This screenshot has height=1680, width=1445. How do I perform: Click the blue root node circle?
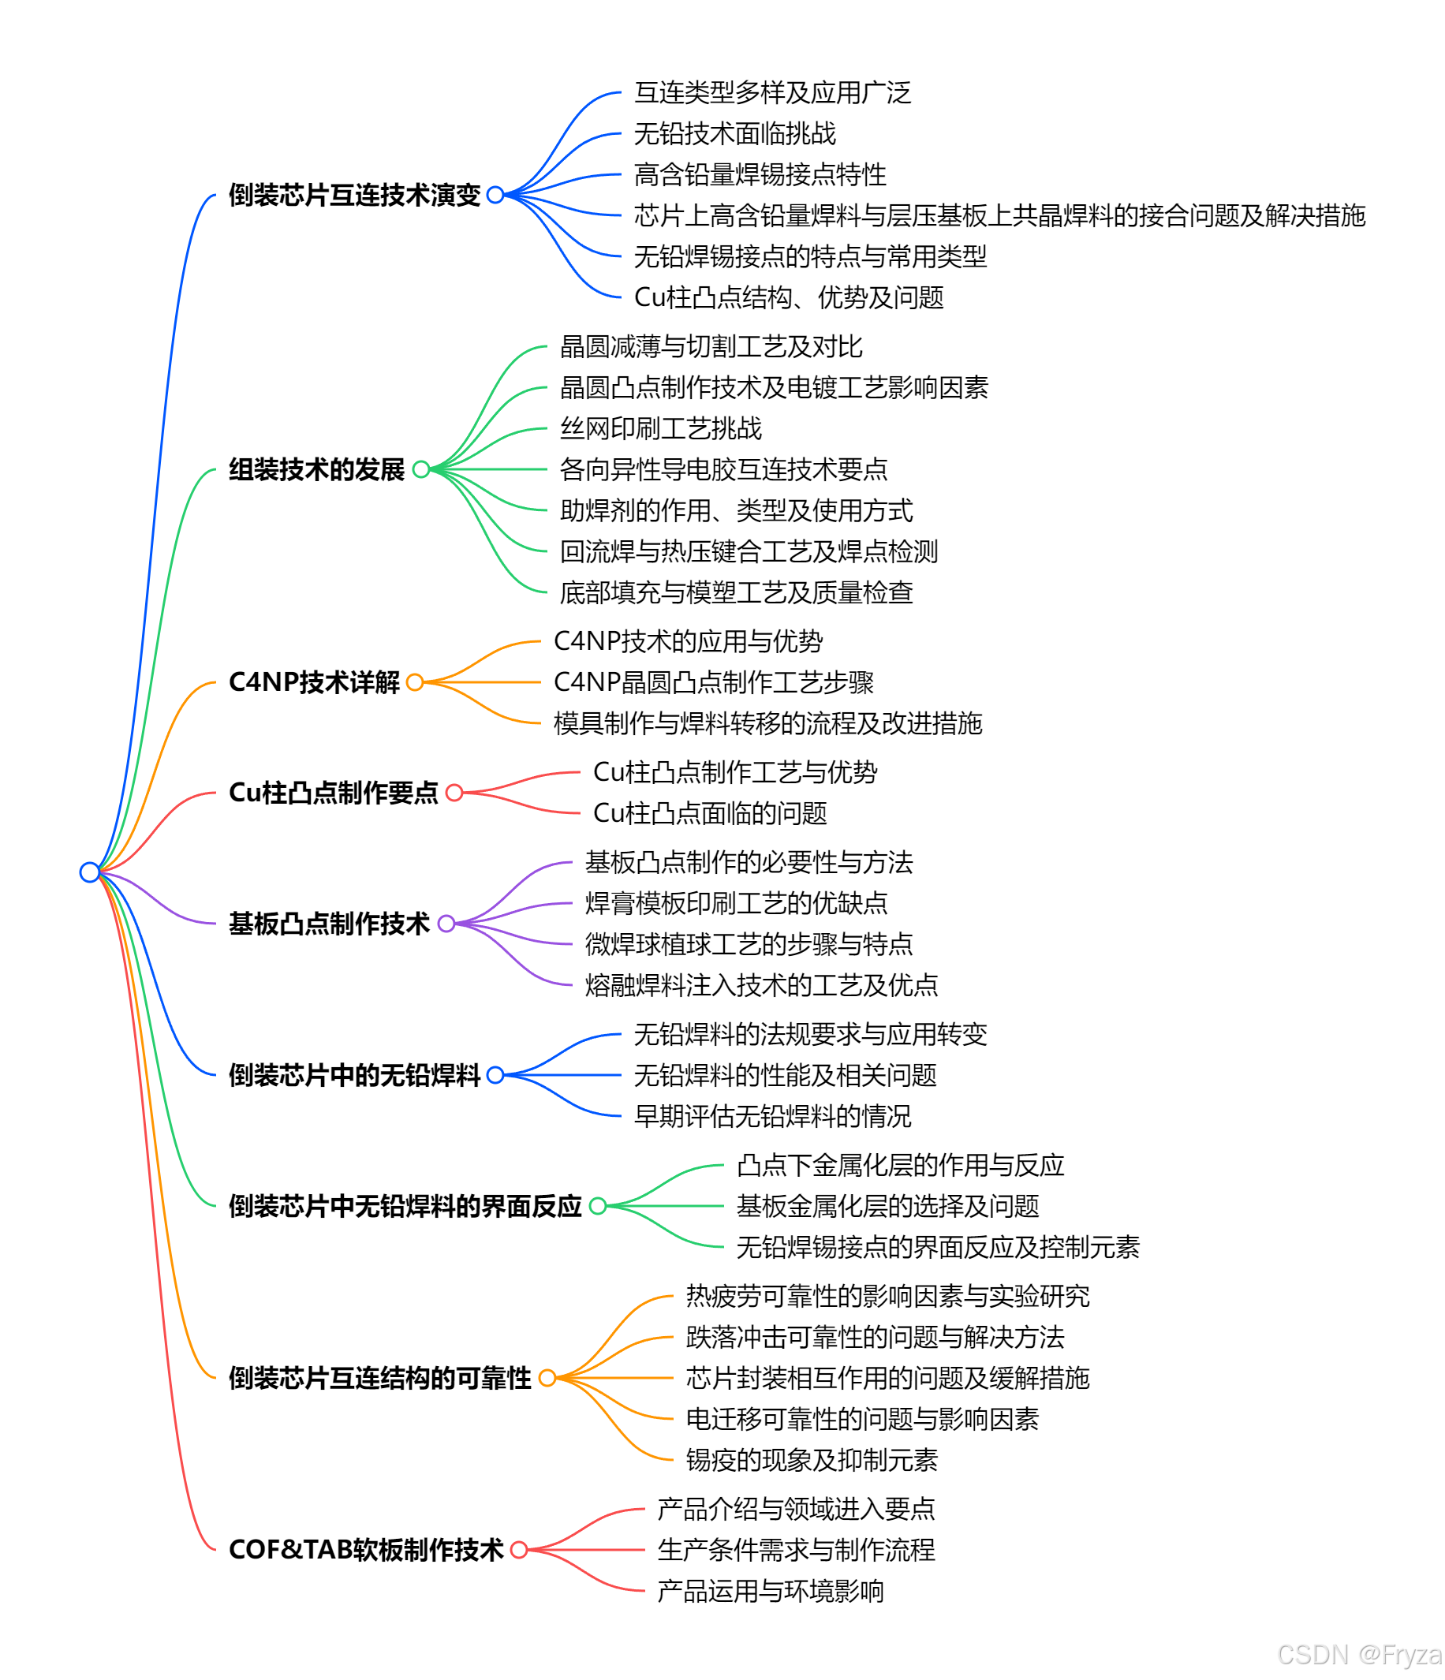point(89,872)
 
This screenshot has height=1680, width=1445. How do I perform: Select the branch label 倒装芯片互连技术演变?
point(354,195)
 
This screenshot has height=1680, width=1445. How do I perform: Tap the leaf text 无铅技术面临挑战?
point(734,134)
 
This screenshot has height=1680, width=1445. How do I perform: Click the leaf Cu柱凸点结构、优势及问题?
point(788,297)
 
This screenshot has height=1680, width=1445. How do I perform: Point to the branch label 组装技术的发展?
point(316,469)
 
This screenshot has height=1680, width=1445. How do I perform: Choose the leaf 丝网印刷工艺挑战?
point(661,428)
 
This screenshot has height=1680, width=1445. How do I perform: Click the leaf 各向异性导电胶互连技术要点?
point(723,469)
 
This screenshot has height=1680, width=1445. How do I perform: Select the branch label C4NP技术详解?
point(314,682)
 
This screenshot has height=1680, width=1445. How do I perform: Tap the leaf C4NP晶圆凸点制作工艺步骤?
point(714,682)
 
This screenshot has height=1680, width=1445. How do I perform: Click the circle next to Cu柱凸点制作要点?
point(454,792)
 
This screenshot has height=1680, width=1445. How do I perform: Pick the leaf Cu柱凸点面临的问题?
point(710,812)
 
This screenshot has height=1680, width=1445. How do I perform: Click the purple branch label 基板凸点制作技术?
point(328,924)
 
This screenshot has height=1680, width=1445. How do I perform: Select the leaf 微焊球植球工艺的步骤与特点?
point(749,944)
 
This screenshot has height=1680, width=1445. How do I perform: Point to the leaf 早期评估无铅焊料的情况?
point(772,1116)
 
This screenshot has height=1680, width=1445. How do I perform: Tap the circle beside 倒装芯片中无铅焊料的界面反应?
point(598,1206)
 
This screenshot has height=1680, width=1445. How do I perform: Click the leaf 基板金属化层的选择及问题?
point(887,1206)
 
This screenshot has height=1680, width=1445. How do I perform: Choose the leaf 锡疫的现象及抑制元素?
point(811,1459)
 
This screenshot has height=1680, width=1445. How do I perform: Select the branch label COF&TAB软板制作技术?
point(366,1549)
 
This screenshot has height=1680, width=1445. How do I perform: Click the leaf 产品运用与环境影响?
point(770,1591)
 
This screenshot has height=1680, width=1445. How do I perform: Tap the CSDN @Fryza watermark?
point(1360,1654)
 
